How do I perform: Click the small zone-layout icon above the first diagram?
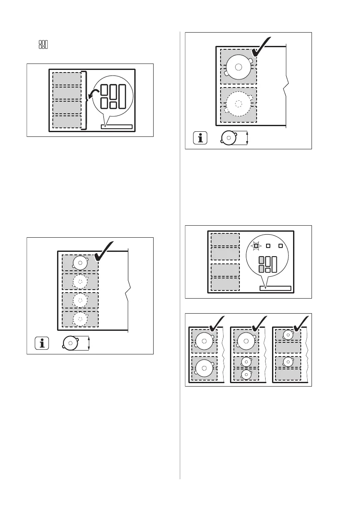(x=43, y=45)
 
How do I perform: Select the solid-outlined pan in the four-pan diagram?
(x=80, y=263)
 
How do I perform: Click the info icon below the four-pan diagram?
(x=42, y=343)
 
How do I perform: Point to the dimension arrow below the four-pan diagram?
(x=88, y=343)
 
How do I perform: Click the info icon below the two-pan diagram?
(x=200, y=138)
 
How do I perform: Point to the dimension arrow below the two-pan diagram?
(x=248, y=138)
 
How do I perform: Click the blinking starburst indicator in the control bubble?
(x=256, y=246)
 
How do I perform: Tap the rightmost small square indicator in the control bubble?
(x=281, y=246)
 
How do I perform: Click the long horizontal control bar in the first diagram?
(x=116, y=126)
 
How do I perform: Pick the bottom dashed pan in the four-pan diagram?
(x=80, y=318)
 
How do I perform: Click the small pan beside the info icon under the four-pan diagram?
(x=70, y=343)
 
